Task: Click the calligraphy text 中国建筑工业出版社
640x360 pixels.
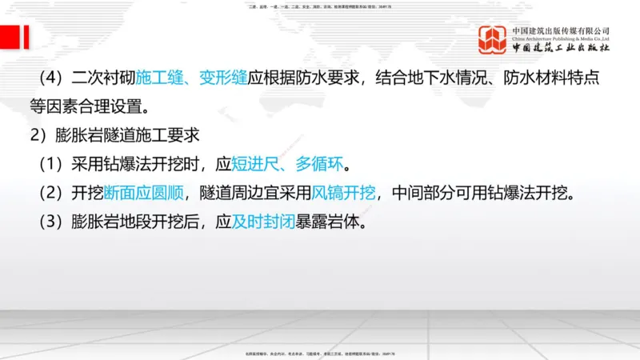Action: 560,49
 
